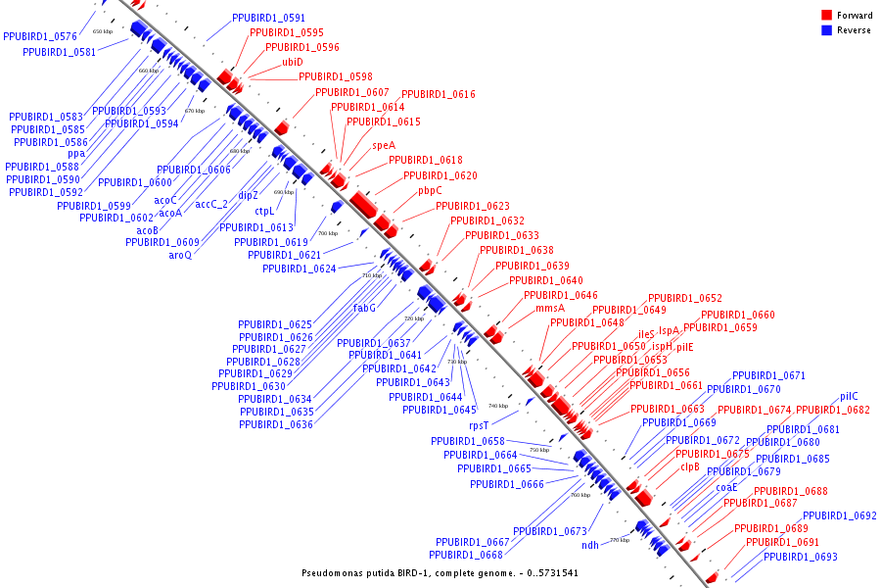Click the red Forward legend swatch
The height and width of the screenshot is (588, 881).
click(827, 16)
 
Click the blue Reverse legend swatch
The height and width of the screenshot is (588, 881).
click(827, 30)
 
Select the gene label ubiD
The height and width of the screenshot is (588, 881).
click(293, 62)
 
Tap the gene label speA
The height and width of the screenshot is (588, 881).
click(384, 145)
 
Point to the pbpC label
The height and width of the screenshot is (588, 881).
click(431, 190)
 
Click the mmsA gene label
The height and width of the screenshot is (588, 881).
click(550, 308)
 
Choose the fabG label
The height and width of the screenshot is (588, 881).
click(365, 307)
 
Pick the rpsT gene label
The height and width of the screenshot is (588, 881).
click(479, 425)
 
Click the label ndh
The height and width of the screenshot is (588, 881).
click(590, 545)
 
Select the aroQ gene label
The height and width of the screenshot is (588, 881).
click(180, 255)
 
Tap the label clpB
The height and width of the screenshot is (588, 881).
click(690, 467)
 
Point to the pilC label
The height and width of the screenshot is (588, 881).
click(849, 397)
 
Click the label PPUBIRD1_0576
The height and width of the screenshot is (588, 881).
click(40, 36)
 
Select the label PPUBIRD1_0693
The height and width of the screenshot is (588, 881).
click(801, 557)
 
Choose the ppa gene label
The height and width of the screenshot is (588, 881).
click(76, 154)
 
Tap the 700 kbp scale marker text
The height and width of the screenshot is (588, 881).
click(327, 233)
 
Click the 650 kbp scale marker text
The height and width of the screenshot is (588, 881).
click(103, 31)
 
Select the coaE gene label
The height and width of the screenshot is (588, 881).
click(726, 487)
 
